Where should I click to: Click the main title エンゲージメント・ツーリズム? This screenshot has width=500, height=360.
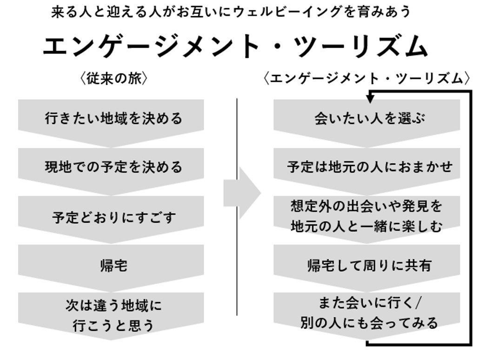[x=235, y=46]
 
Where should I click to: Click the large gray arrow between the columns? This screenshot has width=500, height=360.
[x=242, y=193]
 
